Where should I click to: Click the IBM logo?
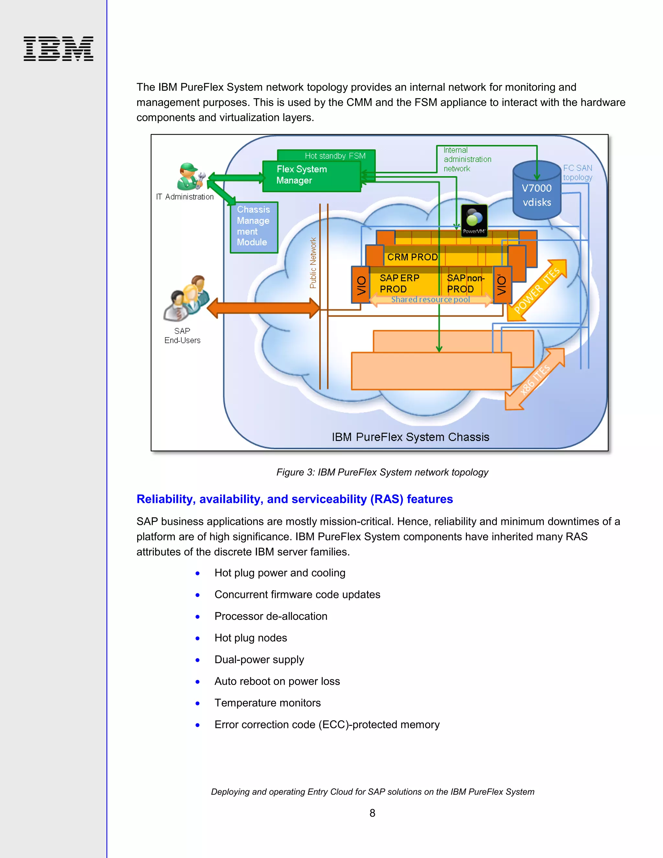point(58,49)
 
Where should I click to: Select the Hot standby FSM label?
point(335,155)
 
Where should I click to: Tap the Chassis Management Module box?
point(254,227)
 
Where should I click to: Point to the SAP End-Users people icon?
point(186,298)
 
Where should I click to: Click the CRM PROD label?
point(412,257)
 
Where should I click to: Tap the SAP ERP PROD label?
point(399,283)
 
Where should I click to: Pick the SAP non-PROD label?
point(465,283)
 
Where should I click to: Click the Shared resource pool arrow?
point(430,300)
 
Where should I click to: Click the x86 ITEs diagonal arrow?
point(534,379)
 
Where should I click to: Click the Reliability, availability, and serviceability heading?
point(294,499)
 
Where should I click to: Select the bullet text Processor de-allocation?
point(271,616)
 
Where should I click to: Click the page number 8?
point(372,813)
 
